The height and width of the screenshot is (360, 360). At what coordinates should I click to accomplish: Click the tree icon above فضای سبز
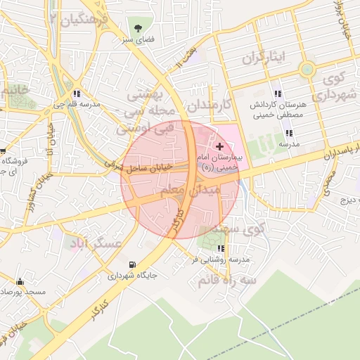(x=139, y=30)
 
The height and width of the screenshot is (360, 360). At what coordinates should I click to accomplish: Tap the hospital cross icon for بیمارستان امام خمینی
(x=221, y=146)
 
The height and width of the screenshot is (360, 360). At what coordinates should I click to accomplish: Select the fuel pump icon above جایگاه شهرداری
(x=132, y=264)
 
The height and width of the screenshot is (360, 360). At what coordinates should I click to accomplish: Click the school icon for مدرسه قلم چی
(x=76, y=93)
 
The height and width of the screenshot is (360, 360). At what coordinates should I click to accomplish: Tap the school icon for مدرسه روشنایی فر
(x=221, y=248)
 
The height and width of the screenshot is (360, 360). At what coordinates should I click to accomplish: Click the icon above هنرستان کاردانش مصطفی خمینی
(x=278, y=93)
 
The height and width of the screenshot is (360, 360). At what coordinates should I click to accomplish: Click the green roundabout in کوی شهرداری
(x=307, y=69)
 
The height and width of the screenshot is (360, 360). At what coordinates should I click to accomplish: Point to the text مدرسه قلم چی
(x=76, y=104)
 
